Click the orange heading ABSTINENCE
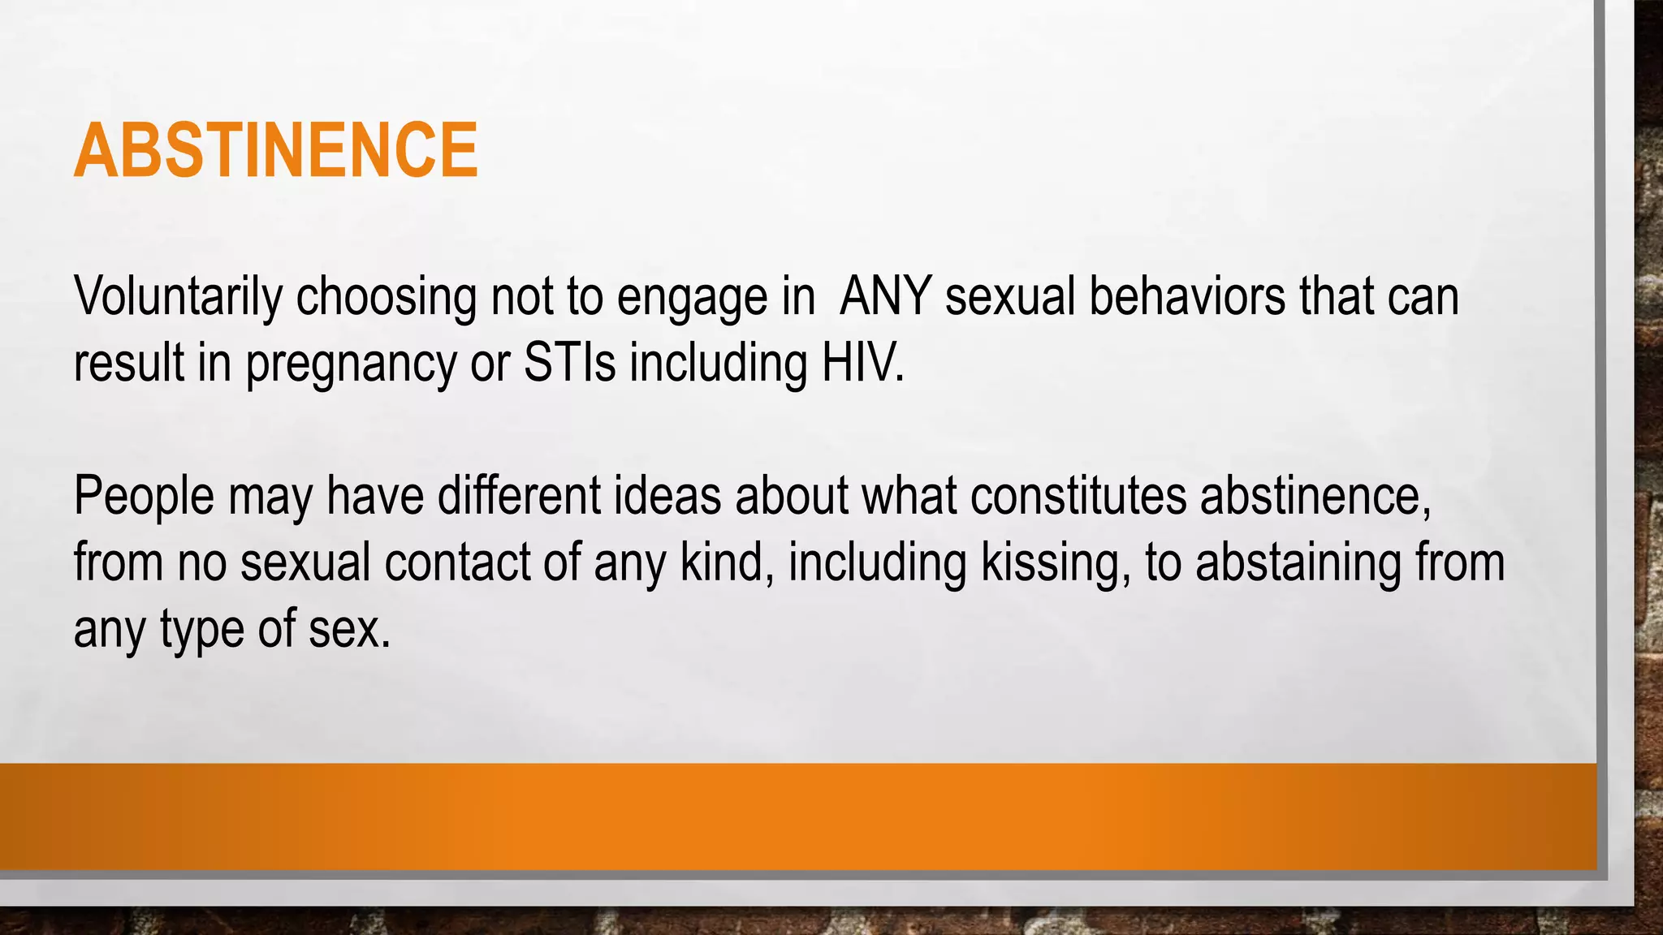276,151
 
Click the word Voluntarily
177,297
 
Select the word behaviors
1186,297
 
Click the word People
144,497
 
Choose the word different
519,496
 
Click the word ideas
667,496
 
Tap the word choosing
386,297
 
